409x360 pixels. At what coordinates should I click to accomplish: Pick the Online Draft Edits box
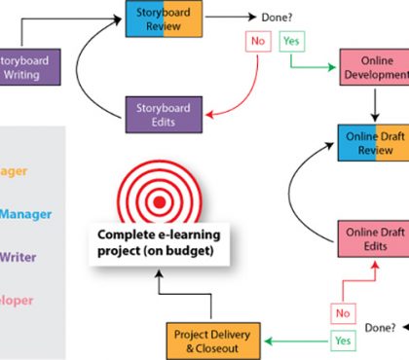[x=371, y=238]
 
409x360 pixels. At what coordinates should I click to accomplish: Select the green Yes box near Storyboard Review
[x=292, y=43]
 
